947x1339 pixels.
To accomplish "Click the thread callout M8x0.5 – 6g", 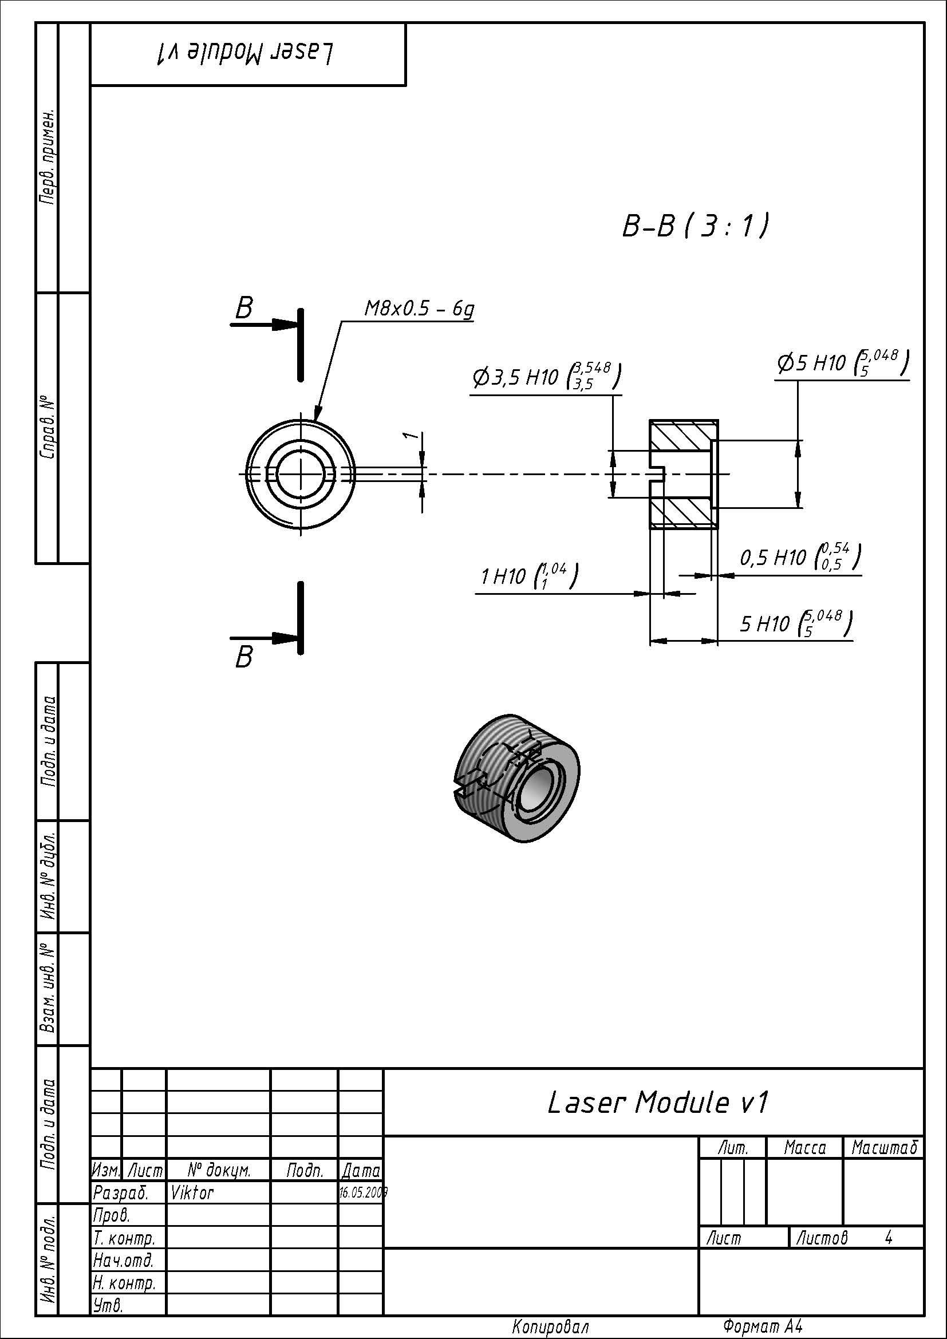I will point(419,309).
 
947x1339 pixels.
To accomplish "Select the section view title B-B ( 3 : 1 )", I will point(695,226).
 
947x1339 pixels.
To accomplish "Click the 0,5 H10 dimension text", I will point(799,557).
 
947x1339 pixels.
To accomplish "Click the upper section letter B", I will point(244,308).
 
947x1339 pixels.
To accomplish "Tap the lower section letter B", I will point(244,657).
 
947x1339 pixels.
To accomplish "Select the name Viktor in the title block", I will point(192,1193).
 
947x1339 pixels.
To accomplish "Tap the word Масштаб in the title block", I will point(884,1148).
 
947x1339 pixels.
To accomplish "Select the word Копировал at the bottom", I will point(550,1328).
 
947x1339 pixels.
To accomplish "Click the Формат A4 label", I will point(762,1327).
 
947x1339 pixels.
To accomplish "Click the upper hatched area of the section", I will point(681,435).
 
